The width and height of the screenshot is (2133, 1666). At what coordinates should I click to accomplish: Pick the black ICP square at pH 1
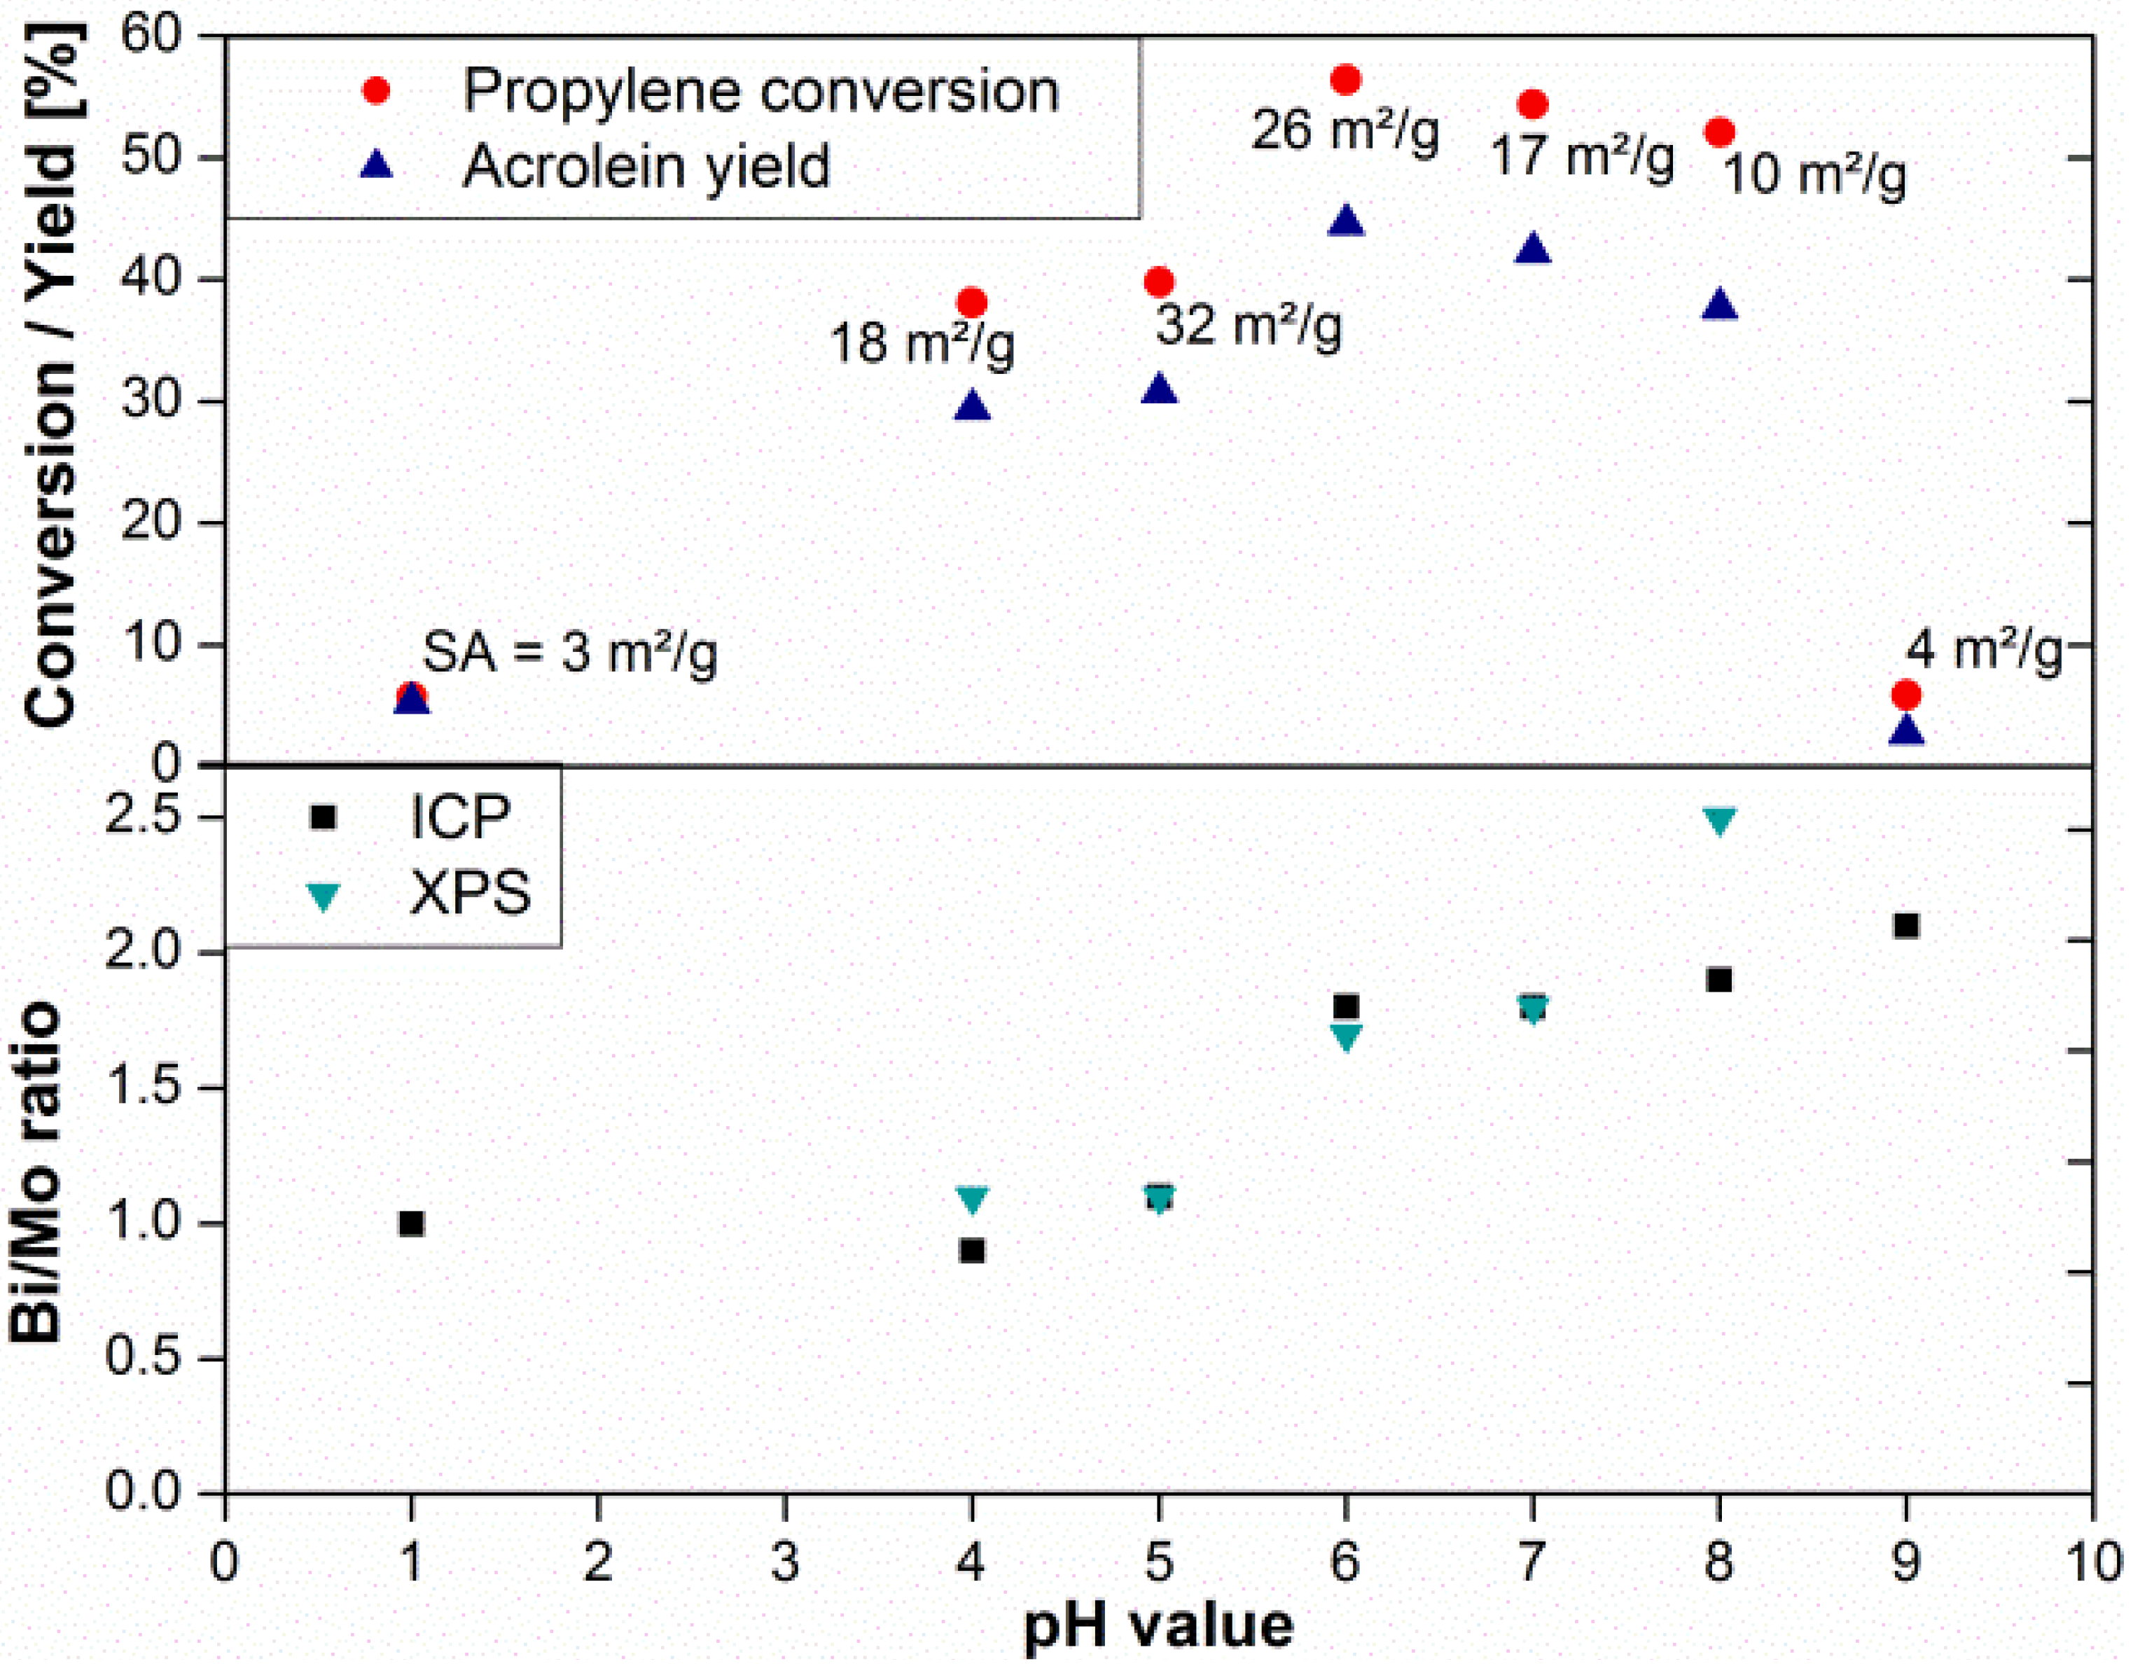pyautogui.click(x=411, y=1223)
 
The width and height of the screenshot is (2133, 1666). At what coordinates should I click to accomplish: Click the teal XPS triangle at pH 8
pyautogui.click(x=1719, y=820)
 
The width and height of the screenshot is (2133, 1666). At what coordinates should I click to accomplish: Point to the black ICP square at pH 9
pyautogui.click(x=1905, y=926)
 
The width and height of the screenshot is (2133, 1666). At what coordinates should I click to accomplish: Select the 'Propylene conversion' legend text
pyautogui.click(x=760, y=92)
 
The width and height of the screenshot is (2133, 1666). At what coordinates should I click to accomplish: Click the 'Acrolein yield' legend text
pyautogui.click(x=646, y=166)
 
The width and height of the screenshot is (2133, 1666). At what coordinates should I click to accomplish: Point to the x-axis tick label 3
pyautogui.click(x=784, y=1562)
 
